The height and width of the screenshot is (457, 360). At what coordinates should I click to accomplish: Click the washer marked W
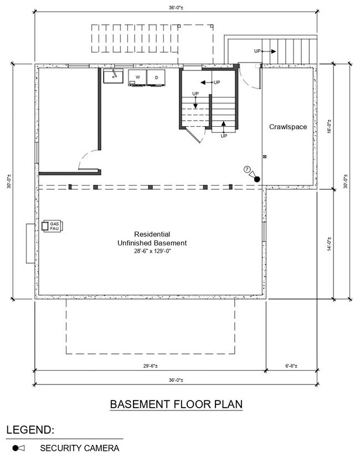(137, 78)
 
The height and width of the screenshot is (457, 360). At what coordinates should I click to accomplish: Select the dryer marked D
(156, 78)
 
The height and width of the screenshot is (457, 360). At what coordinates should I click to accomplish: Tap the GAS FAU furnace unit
(53, 226)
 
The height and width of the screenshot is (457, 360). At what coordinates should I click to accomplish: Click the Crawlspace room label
(288, 127)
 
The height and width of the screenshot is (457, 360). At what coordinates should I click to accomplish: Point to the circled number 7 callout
(247, 170)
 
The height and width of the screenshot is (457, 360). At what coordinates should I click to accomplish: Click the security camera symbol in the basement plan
(255, 177)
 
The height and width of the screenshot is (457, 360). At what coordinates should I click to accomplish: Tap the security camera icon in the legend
(18, 448)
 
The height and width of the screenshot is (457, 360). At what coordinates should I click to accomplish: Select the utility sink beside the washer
(113, 76)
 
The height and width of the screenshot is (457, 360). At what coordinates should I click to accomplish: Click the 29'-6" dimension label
(151, 366)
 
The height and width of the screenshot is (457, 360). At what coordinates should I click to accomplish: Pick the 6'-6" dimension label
(291, 366)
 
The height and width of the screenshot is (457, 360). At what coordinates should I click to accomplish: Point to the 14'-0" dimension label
(330, 244)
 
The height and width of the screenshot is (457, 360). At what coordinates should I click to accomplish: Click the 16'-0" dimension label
(330, 126)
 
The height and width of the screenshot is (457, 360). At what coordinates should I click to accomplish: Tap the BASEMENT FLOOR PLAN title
(176, 404)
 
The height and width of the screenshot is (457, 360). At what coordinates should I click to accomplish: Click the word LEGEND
(30, 430)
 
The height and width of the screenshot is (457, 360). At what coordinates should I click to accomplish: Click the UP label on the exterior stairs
(257, 51)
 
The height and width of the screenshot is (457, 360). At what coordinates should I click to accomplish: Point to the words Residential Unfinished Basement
(152, 238)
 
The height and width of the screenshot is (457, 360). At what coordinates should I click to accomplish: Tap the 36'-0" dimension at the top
(176, 8)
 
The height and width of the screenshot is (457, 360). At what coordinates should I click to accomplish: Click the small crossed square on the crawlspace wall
(265, 157)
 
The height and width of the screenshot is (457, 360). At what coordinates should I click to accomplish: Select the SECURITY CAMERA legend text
(80, 448)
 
